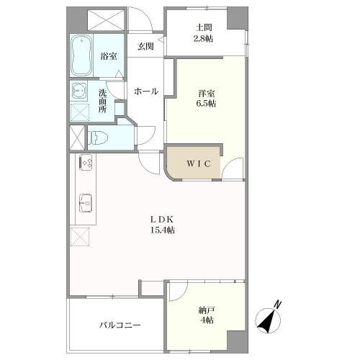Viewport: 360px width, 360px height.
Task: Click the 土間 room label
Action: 203,28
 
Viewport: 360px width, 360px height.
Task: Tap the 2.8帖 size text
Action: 202,39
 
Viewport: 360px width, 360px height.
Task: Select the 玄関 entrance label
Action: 145,47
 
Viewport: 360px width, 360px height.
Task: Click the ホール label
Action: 146,91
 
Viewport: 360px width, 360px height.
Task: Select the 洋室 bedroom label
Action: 207,92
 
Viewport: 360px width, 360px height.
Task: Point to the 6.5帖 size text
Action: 207,103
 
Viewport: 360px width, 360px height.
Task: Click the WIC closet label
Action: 199,164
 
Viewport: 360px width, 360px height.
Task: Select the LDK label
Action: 163,220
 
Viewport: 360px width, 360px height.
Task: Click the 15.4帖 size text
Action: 163,230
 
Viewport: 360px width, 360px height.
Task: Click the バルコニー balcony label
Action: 120,325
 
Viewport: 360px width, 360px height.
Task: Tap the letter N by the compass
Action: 278,304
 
